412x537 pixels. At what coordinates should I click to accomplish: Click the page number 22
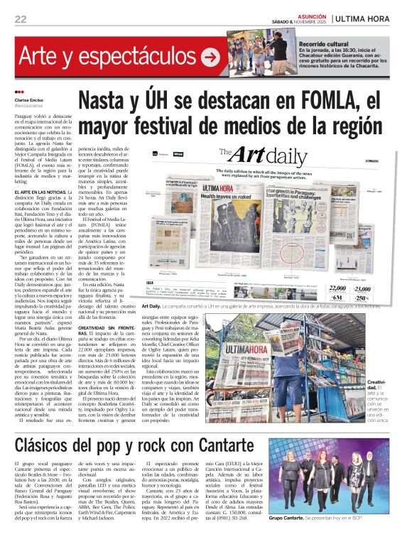click(20, 19)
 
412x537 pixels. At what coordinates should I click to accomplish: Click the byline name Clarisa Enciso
click(30, 100)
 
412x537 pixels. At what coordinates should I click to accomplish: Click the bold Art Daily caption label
click(153, 305)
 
